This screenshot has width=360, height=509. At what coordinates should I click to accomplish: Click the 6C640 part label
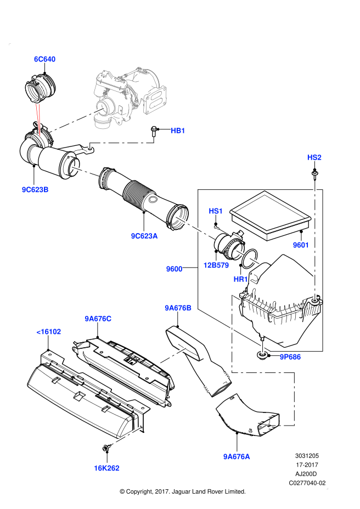[x=45, y=59]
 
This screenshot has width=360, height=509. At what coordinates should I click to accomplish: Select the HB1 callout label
[x=178, y=131]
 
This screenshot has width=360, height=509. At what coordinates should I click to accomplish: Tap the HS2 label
[x=314, y=157]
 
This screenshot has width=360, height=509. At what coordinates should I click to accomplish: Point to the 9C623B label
[x=35, y=190]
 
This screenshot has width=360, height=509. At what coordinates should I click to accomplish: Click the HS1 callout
[x=216, y=211]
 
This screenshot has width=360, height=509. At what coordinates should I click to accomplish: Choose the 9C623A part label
[x=144, y=236]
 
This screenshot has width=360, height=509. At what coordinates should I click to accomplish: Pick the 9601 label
[x=301, y=245]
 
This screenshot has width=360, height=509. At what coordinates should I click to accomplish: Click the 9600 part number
[x=174, y=269]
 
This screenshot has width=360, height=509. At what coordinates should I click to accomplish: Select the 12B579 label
[x=216, y=265]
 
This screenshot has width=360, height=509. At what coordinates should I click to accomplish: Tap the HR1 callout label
[x=240, y=279]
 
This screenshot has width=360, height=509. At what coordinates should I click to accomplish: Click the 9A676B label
[x=178, y=308]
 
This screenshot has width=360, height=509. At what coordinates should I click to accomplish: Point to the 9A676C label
[x=98, y=319]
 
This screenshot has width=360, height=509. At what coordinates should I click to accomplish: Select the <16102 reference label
[x=48, y=332]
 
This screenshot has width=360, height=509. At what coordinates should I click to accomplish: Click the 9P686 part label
[x=290, y=357]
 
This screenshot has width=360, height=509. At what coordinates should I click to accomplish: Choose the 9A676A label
[x=237, y=456]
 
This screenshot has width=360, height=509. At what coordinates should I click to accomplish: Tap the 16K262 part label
[x=106, y=468]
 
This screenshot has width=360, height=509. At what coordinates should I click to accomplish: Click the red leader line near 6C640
[x=38, y=120]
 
